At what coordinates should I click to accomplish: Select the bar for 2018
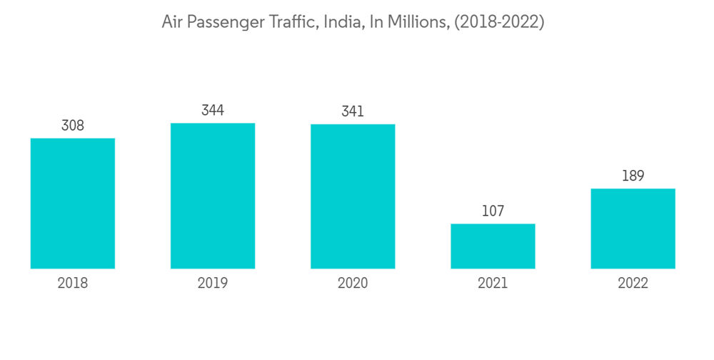73,204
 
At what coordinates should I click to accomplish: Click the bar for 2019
213,196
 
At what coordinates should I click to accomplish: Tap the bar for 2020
353,196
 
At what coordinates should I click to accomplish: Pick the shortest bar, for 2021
493,246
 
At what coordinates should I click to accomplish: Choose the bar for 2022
633,229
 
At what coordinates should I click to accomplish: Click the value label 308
73,126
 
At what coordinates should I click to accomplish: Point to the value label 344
213,111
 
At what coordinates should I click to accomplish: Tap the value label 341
353,112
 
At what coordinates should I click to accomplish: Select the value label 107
493,211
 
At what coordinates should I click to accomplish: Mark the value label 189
633,176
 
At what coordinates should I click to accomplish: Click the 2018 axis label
73,284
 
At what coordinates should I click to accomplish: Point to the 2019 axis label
213,284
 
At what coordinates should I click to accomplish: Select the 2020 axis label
353,284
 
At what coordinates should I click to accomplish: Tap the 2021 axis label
493,284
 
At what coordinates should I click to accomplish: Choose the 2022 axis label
633,284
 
